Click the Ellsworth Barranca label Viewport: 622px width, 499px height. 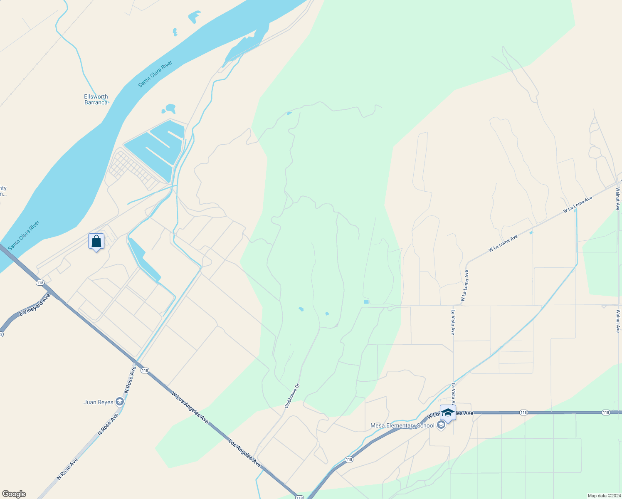pos(96,99)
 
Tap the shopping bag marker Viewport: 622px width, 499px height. pos(96,241)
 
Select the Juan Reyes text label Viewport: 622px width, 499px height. pos(99,402)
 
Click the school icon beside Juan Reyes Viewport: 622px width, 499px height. pos(120,401)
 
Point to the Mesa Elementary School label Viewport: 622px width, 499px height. pos(402,425)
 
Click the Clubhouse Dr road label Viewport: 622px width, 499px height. pos(292,395)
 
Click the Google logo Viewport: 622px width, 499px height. pos(14,494)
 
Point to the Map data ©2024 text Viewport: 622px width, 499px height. pos(604,496)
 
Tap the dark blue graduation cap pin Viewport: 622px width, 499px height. pos(448,413)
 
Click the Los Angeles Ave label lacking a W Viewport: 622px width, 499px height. pos(244,452)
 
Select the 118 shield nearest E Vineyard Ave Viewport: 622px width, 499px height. pos(40,283)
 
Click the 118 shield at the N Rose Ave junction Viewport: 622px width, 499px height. pos(145,371)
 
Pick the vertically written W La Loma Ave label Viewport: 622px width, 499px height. pos(464,286)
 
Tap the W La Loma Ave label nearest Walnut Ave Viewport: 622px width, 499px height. pos(578,205)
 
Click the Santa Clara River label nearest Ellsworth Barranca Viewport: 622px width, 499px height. pos(155,74)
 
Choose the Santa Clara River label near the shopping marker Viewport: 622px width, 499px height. pos(24,235)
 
